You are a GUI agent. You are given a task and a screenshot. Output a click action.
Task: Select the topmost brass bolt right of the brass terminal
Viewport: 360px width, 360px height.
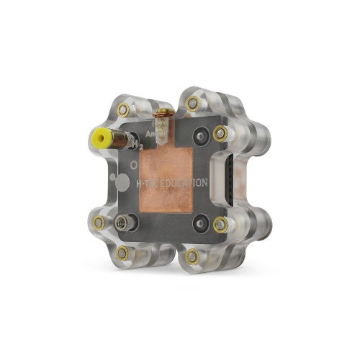192,104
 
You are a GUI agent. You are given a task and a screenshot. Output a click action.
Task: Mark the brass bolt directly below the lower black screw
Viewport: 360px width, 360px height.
192,256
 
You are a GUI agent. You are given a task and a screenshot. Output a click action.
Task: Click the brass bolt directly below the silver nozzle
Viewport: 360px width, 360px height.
123,252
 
